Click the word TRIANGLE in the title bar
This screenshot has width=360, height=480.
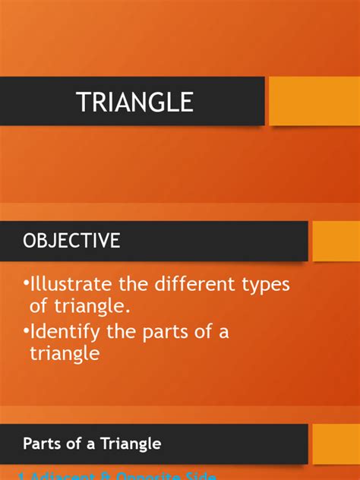(134, 102)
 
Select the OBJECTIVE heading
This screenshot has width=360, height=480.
(71, 241)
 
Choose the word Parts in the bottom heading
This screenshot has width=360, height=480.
(43, 444)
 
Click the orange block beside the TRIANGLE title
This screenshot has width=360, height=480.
(314, 101)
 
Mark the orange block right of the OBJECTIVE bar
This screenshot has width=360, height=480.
(336, 241)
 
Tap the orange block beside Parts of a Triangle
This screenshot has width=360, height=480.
(336, 444)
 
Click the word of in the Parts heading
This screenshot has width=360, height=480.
(76, 444)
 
